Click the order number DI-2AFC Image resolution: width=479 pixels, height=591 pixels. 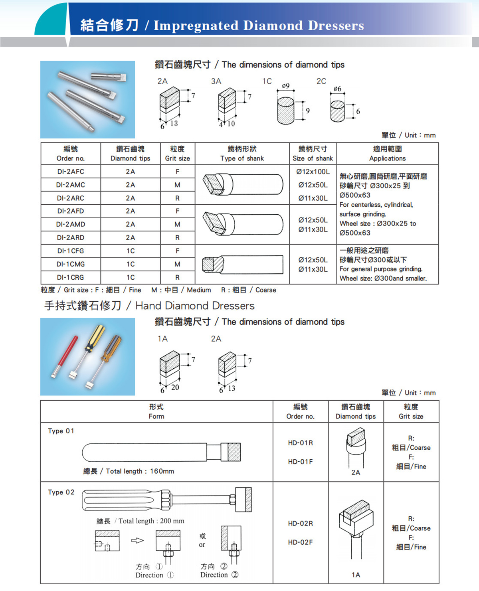pos(70,172)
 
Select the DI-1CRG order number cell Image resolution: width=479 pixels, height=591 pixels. pos(70,277)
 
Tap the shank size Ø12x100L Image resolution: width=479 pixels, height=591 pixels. pos(313,172)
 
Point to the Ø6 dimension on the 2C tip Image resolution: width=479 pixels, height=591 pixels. pos(337,89)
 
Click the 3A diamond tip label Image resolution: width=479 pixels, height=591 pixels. pos(216,81)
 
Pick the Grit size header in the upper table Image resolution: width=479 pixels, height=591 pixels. pos(177,154)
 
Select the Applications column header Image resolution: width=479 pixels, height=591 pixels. pos(387,154)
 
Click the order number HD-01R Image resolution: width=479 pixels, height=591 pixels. pos(300,443)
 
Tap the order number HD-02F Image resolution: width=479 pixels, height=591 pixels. pos(300,542)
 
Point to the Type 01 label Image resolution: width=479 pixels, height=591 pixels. pos(61,431)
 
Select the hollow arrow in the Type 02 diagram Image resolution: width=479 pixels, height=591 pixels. pos(137,541)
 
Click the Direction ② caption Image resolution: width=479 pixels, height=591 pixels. pos(219,575)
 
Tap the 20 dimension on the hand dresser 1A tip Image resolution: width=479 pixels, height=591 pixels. pos(175,387)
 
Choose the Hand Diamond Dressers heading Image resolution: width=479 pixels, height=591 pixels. pos(195,306)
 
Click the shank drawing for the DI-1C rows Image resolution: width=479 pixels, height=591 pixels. pos(242,264)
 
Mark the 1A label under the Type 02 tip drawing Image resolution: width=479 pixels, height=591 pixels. pos(356,575)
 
